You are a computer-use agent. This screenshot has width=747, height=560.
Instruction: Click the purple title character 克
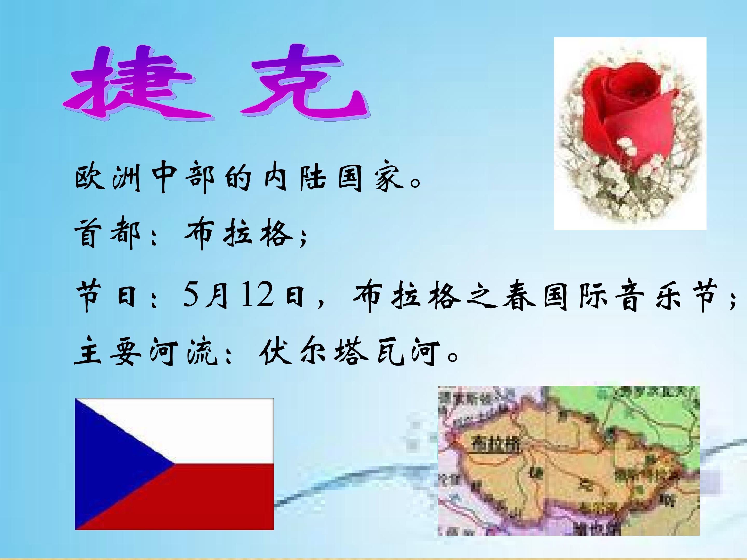(x=304, y=83)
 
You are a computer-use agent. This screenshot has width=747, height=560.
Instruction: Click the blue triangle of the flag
(x=112, y=464)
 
